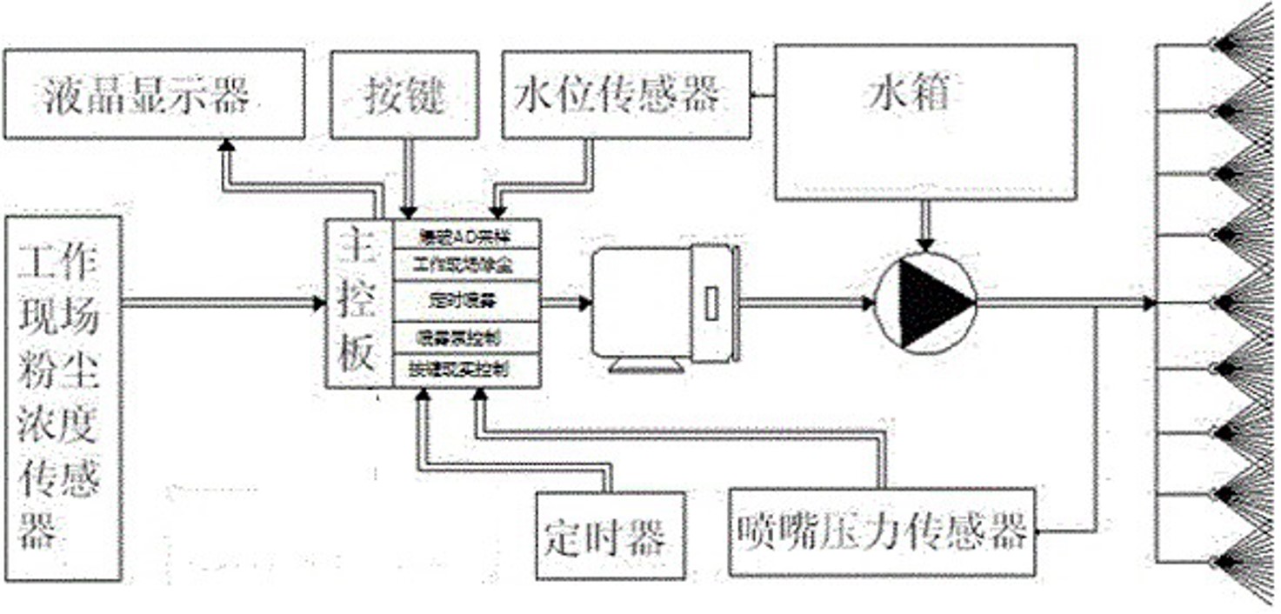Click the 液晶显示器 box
(x=154, y=94)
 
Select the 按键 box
(x=405, y=94)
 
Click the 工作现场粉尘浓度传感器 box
(x=63, y=397)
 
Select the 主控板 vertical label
(x=357, y=304)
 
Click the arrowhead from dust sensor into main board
(x=318, y=304)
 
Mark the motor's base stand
(x=649, y=364)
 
